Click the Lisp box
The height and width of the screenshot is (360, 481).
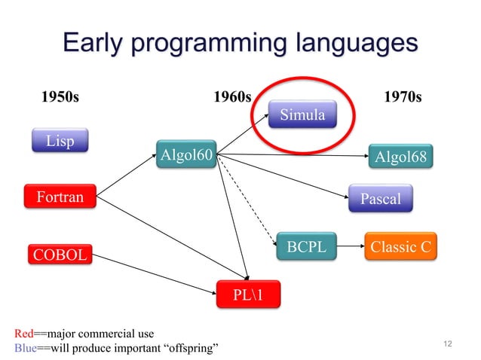pyautogui.click(x=60, y=142)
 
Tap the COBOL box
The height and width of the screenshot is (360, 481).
pyautogui.click(x=58, y=255)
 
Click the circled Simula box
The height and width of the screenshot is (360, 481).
pyautogui.click(x=302, y=115)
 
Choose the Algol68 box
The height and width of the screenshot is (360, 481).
pyautogui.click(x=400, y=157)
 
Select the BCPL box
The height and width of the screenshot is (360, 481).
pyautogui.click(x=307, y=245)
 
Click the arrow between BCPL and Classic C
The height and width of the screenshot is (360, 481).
pyautogui.click(x=348, y=245)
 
